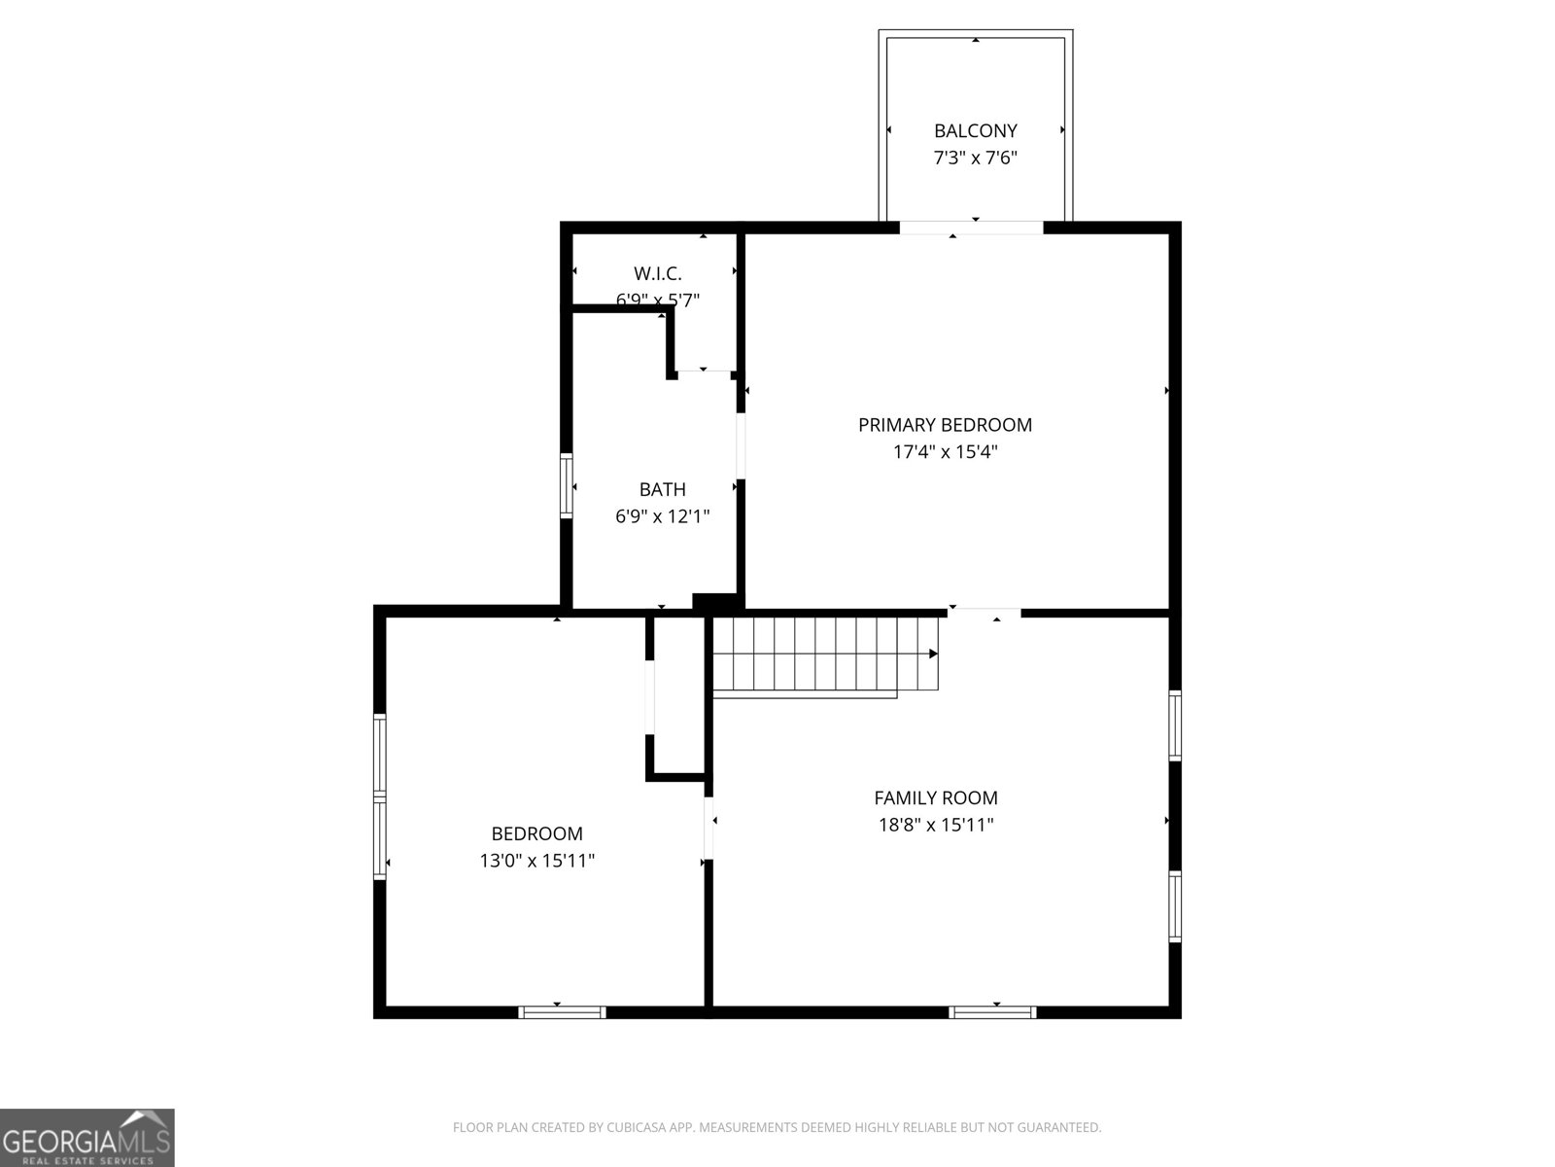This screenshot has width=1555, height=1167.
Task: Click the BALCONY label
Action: point(975,130)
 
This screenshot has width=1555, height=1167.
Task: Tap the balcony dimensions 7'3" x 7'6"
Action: point(975,158)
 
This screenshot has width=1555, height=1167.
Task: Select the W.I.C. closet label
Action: point(657,273)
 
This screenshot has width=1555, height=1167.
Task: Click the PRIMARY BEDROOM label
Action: point(945,425)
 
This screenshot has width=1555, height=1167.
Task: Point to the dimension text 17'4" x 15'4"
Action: point(945,452)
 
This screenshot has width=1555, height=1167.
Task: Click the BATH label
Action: point(662,489)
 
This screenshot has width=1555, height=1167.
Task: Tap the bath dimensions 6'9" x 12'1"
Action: point(662,516)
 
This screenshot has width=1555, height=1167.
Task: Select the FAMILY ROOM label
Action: point(935,798)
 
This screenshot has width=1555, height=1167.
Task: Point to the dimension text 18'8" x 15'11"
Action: point(935,826)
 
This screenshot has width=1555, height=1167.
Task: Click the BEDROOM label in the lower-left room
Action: point(536,833)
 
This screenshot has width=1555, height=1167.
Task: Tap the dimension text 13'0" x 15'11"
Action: point(536,861)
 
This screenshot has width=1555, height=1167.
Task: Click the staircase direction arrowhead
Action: point(933,654)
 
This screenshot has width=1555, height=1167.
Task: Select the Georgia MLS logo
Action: point(87,1137)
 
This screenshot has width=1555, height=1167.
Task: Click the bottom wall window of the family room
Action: point(992,1012)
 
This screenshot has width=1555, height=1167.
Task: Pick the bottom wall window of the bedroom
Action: point(562,1012)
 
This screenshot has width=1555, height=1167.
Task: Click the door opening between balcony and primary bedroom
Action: point(971,228)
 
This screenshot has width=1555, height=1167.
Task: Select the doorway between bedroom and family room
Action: point(708,828)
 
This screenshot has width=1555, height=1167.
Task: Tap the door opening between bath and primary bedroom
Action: point(741,446)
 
